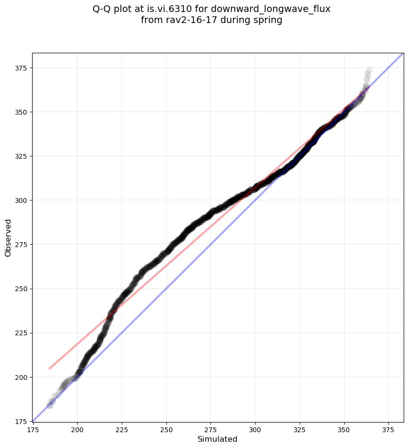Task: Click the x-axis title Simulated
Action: (x=217, y=439)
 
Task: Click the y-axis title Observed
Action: (x=8, y=237)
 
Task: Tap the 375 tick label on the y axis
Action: (x=22, y=68)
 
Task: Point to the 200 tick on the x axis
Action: (x=77, y=422)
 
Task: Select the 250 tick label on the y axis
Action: (x=22, y=289)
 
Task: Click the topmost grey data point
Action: (x=369, y=70)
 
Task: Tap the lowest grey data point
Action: (x=49, y=405)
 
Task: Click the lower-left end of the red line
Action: (x=49, y=368)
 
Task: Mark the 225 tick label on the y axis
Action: (x=22, y=333)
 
